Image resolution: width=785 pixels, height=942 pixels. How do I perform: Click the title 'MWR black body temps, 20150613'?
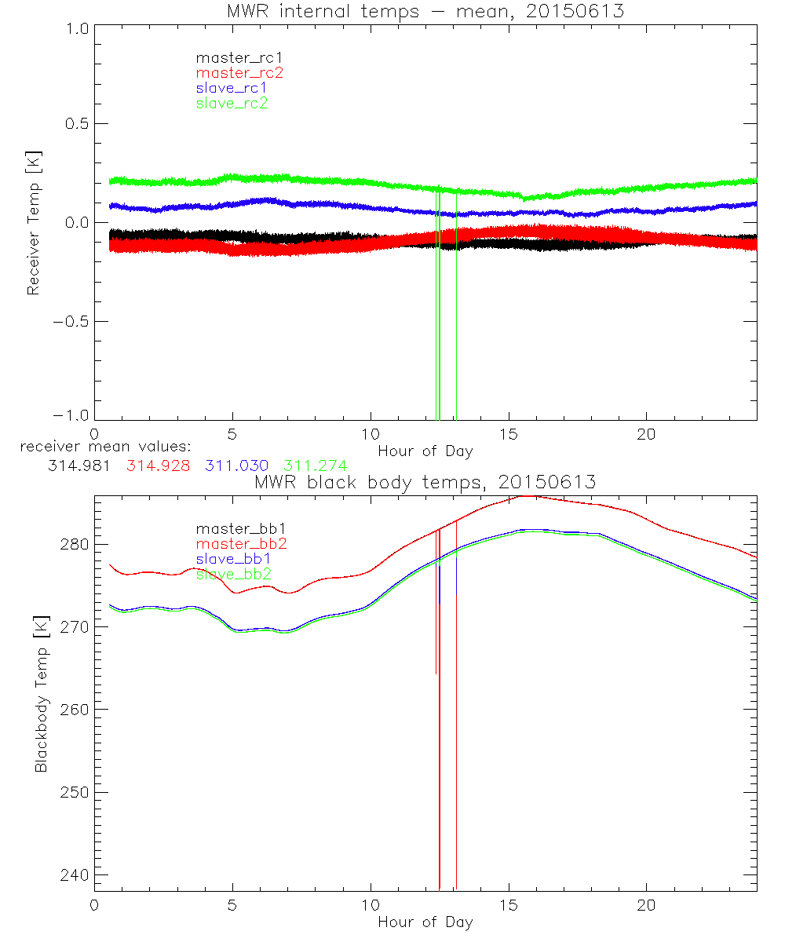click(x=425, y=482)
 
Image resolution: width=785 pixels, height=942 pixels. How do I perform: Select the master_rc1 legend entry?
click(x=232, y=57)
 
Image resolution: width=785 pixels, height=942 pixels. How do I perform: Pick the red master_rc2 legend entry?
click(x=239, y=73)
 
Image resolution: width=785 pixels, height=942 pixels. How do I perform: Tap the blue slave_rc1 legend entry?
click(x=232, y=88)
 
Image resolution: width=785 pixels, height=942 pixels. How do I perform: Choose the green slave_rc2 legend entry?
click(x=232, y=104)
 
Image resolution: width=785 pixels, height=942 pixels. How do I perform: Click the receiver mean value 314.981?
click(x=79, y=465)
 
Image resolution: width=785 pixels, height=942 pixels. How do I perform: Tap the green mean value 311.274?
click(x=315, y=465)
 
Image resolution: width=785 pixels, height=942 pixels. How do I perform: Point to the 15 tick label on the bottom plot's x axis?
click(x=509, y=905)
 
